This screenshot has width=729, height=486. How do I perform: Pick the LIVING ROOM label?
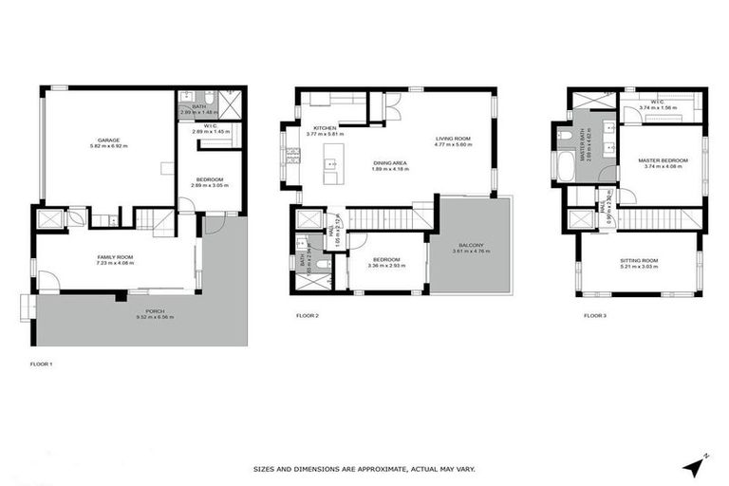(453, 139)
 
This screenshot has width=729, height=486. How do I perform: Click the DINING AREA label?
(389, 163)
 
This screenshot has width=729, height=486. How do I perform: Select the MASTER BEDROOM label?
(662, 160)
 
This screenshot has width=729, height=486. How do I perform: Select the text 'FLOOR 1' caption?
(41, 363)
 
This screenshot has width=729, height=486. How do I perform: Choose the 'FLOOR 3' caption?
(595, 314)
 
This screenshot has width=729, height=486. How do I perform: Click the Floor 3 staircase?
(658, 218)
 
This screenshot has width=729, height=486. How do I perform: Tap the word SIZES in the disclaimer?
(265, 469)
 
